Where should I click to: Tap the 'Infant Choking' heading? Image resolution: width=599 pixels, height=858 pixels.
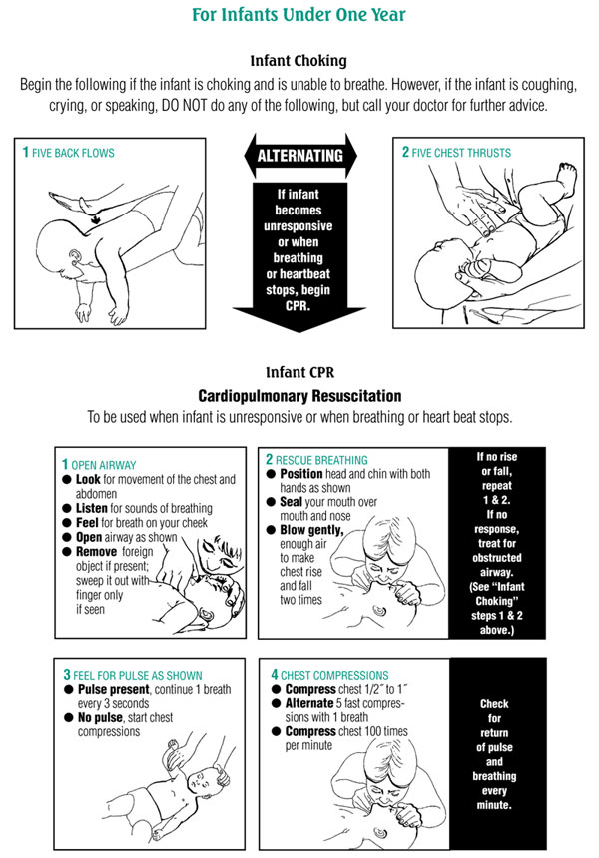[299, 60]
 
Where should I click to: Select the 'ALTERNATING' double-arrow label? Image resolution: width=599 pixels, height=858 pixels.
[299, 156]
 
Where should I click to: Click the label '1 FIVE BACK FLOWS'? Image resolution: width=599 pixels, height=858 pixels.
[69, 153]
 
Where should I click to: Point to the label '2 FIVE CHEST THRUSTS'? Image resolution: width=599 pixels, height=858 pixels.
[456, 153]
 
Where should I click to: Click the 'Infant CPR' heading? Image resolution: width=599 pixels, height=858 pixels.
[299, 373]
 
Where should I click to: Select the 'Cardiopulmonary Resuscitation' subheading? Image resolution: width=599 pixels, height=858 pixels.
[299, 395]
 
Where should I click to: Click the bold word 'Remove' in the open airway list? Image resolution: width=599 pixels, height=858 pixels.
[101, 550]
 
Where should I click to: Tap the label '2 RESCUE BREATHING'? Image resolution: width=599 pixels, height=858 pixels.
[318, 459]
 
